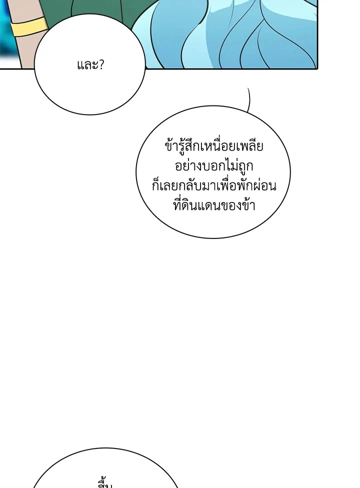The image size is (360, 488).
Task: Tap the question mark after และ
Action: pos(100,64)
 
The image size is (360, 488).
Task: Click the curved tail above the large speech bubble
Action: pos(249,99)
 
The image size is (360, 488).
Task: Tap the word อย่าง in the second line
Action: pos(185,166)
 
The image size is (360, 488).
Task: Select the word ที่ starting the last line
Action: pos(179,204)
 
